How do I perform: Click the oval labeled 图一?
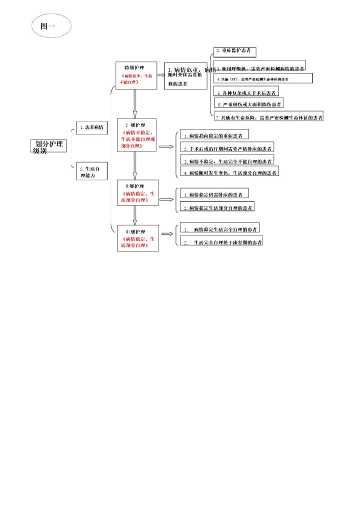pos(51,25)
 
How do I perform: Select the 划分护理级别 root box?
pos(48,146)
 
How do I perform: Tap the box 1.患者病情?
pos(91,128)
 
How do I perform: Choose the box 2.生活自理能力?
pos(91,172)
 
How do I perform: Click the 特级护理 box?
pos(136,75)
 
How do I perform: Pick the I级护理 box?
pos(136,135)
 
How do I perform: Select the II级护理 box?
pos(138,192)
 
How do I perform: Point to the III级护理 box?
pos(137,238)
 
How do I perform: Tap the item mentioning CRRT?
pos(263,79)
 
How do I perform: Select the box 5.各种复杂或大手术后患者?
pos(246,92)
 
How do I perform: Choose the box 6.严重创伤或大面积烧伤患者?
pos(248,103)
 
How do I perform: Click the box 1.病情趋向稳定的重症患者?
pos(214,135)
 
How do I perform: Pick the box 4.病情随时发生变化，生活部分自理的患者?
pos(229,172)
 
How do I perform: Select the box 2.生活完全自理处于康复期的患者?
pos(222,242)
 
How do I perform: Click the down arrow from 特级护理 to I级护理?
pos(134,103)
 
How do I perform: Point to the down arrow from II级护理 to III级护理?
pos(134,215)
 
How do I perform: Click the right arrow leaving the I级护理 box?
pos(165,147)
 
